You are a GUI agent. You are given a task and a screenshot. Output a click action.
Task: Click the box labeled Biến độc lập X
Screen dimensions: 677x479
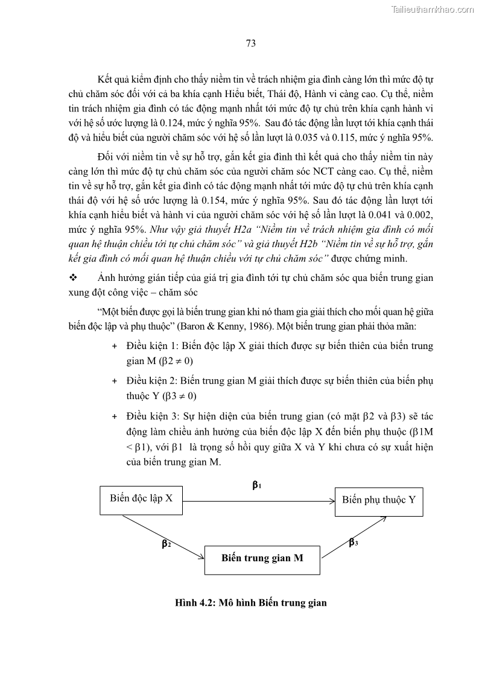[x=141, y=499]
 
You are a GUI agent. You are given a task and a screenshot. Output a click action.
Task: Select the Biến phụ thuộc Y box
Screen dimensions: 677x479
[x=379, y=500]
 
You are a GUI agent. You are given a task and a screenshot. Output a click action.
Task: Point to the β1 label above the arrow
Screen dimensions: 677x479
[x=256, y=484]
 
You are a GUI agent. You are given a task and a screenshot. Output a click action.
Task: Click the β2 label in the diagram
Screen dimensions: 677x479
[x=167, y=543]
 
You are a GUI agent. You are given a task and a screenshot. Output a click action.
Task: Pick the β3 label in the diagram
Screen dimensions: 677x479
[x=354, y=543]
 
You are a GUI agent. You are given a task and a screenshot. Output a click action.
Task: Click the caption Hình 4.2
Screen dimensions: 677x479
[x=250, y=603]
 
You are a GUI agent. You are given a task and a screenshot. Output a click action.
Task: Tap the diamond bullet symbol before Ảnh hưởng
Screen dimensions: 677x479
[x=74, y=278]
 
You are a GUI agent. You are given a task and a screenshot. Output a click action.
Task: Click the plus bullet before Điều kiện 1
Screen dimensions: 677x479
[x=115, y=347]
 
